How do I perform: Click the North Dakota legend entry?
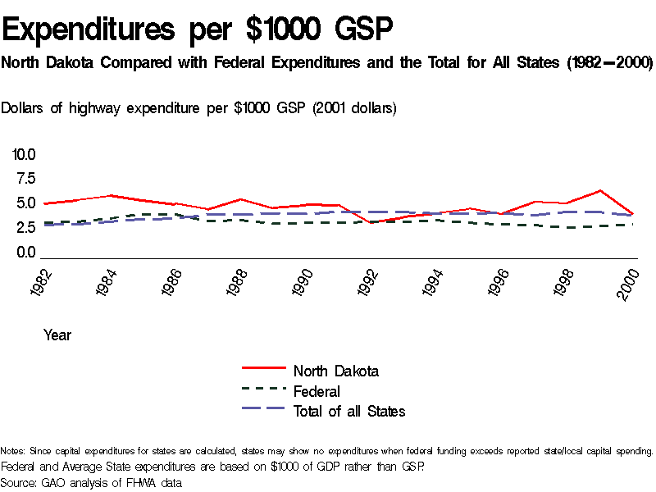point(335,371)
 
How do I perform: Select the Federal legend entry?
point(317,391)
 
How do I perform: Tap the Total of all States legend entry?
point(348,411)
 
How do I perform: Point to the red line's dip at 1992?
point(371,222)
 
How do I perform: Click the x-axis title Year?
point(57,335)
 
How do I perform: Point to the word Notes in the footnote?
point(12,451)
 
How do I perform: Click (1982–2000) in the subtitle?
point(608,63)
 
